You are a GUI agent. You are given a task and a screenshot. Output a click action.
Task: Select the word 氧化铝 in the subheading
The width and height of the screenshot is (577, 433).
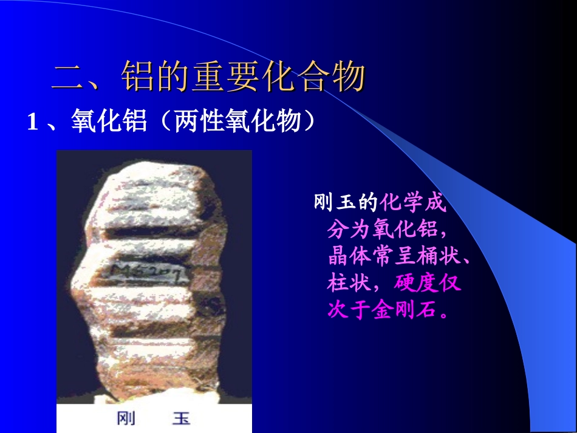(x=109, y=122)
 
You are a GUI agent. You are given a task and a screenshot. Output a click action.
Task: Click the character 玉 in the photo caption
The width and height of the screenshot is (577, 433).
(x=180, y=418)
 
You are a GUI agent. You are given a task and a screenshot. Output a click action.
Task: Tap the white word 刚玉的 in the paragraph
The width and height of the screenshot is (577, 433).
(x=346, y=203)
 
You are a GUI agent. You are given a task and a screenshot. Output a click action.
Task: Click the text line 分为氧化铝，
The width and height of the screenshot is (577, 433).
(x=387, y=230)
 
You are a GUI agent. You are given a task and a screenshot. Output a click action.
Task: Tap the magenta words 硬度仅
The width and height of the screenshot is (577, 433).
(x=427, y=283)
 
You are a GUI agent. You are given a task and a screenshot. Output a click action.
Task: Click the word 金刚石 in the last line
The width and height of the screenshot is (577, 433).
(x=405, y=310)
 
